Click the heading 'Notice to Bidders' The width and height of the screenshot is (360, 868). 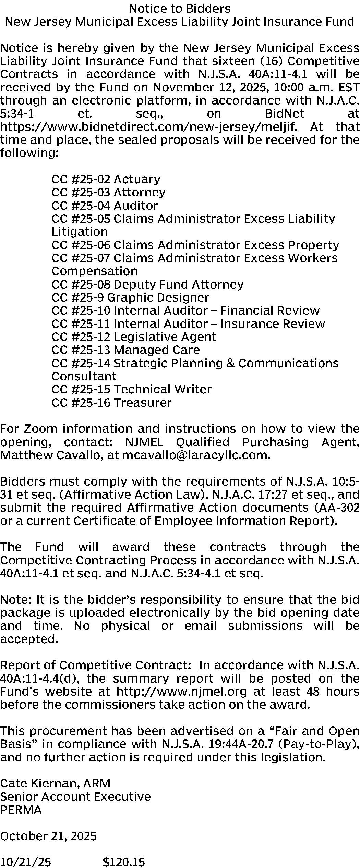click(x=180, y=8)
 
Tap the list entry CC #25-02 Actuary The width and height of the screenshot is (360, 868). click(x=106, y=179)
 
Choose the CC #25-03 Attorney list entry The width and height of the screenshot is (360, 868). click(x=108, y=192)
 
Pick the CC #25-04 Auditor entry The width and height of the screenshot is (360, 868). click(x=105, y=206)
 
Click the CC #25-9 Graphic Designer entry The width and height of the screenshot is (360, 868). click(x=130, y=297)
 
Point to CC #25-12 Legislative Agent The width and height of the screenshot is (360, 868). click(x=134, y=337)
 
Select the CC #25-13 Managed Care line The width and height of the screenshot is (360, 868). click(x=125, y=350)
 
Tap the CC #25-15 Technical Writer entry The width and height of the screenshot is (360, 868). click(x=131, y=389)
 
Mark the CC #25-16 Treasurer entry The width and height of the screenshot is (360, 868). click(x=111, y=402)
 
